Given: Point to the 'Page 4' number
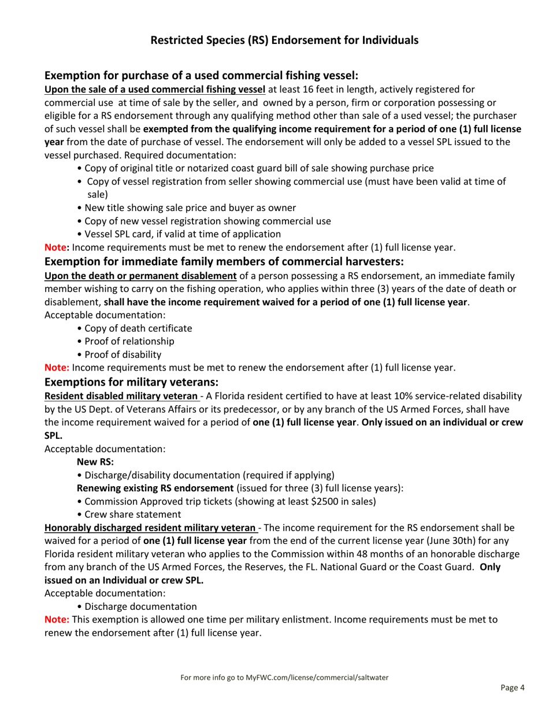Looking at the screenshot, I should click(512, 688).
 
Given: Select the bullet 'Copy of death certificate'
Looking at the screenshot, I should click(138, 328).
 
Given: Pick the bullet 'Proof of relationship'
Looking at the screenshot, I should click(129, 341).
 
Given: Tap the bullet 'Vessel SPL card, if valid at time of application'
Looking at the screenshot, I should click(179, 234).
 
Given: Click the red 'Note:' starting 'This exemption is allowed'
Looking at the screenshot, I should click(57, 620).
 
